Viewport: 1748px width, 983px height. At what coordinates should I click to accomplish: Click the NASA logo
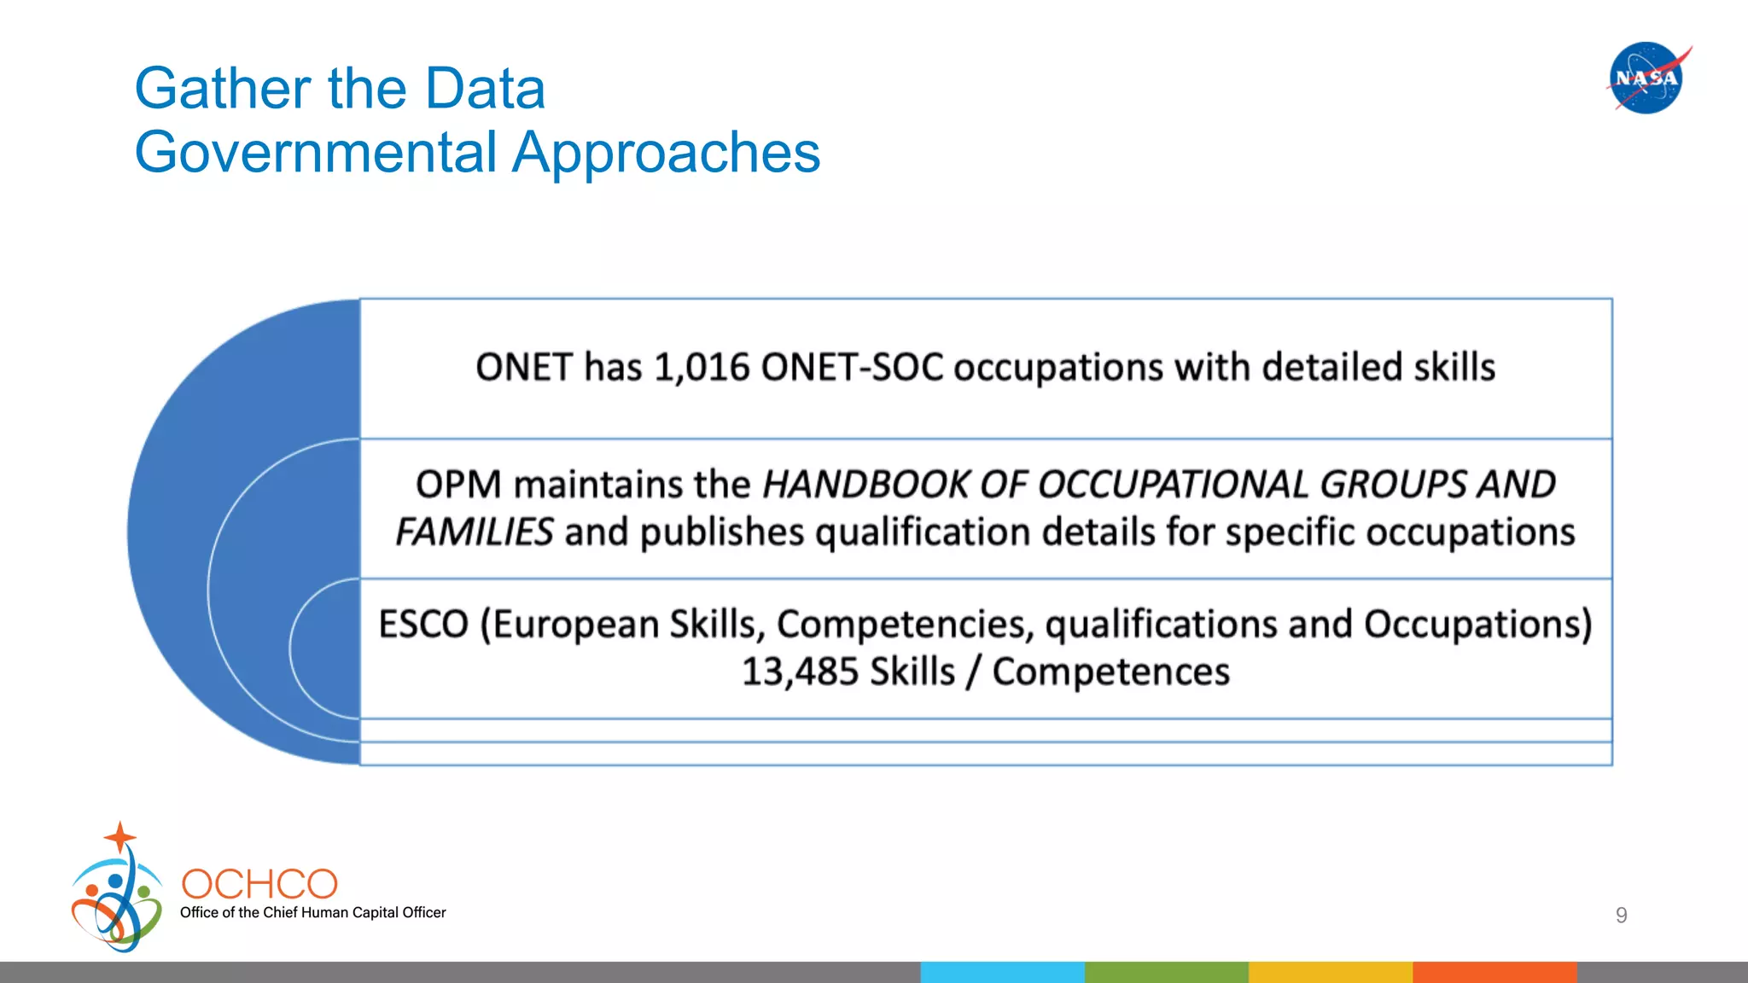[x=1646, y=78]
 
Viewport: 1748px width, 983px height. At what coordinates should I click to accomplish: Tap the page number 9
[x=1621, y=916]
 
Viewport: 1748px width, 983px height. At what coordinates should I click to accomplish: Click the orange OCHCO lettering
[x=259, y=884]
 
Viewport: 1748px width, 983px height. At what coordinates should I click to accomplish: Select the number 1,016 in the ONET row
[x=702, y=368]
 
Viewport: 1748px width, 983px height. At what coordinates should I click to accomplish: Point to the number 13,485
[x=800, y=672]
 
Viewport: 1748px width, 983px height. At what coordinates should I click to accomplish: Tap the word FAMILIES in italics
[x=475, y=532]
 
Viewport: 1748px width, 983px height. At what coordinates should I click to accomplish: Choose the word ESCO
[x=423, y=625]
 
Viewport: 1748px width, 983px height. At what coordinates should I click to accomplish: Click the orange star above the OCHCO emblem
[x=120, y=836]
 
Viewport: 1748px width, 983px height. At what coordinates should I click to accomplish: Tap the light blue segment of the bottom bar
[x=1002, y=972]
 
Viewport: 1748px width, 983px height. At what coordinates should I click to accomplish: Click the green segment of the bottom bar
[x=1166, y=972]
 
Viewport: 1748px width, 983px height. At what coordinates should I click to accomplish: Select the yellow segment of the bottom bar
[x=1330, y=972]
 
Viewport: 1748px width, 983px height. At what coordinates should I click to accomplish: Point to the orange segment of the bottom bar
[x=1494, y=972]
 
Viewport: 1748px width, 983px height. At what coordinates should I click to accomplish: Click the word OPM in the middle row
[x=458, y=485]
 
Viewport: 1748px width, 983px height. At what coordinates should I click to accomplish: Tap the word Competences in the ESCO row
[x=1110, y=672]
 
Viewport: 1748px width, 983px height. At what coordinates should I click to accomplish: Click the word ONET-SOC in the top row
[x=852, y=368]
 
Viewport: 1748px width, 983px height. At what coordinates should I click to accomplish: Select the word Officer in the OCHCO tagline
[x=424, y=912]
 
